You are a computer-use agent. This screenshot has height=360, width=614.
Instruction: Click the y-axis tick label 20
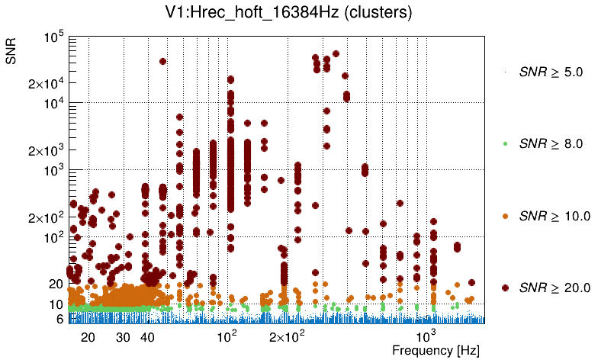(56, 284)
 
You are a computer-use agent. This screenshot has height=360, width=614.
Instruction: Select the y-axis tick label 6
(59, 319)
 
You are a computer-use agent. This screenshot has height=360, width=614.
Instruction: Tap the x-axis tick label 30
(124, 336)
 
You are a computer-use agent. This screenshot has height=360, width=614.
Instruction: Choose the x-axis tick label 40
(148, 336)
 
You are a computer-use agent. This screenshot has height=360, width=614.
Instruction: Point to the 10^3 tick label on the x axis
(426, 336)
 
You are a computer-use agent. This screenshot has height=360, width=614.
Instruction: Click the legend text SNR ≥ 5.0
(550, 73)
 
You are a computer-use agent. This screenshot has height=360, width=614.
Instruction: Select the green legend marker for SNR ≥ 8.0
(505, 143)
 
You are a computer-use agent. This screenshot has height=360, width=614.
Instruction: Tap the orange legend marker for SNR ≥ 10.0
(505, 216)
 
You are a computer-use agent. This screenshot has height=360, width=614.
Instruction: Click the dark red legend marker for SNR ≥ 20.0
(505, 288)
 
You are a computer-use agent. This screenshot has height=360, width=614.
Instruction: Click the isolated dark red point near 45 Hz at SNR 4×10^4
(162, 61)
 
